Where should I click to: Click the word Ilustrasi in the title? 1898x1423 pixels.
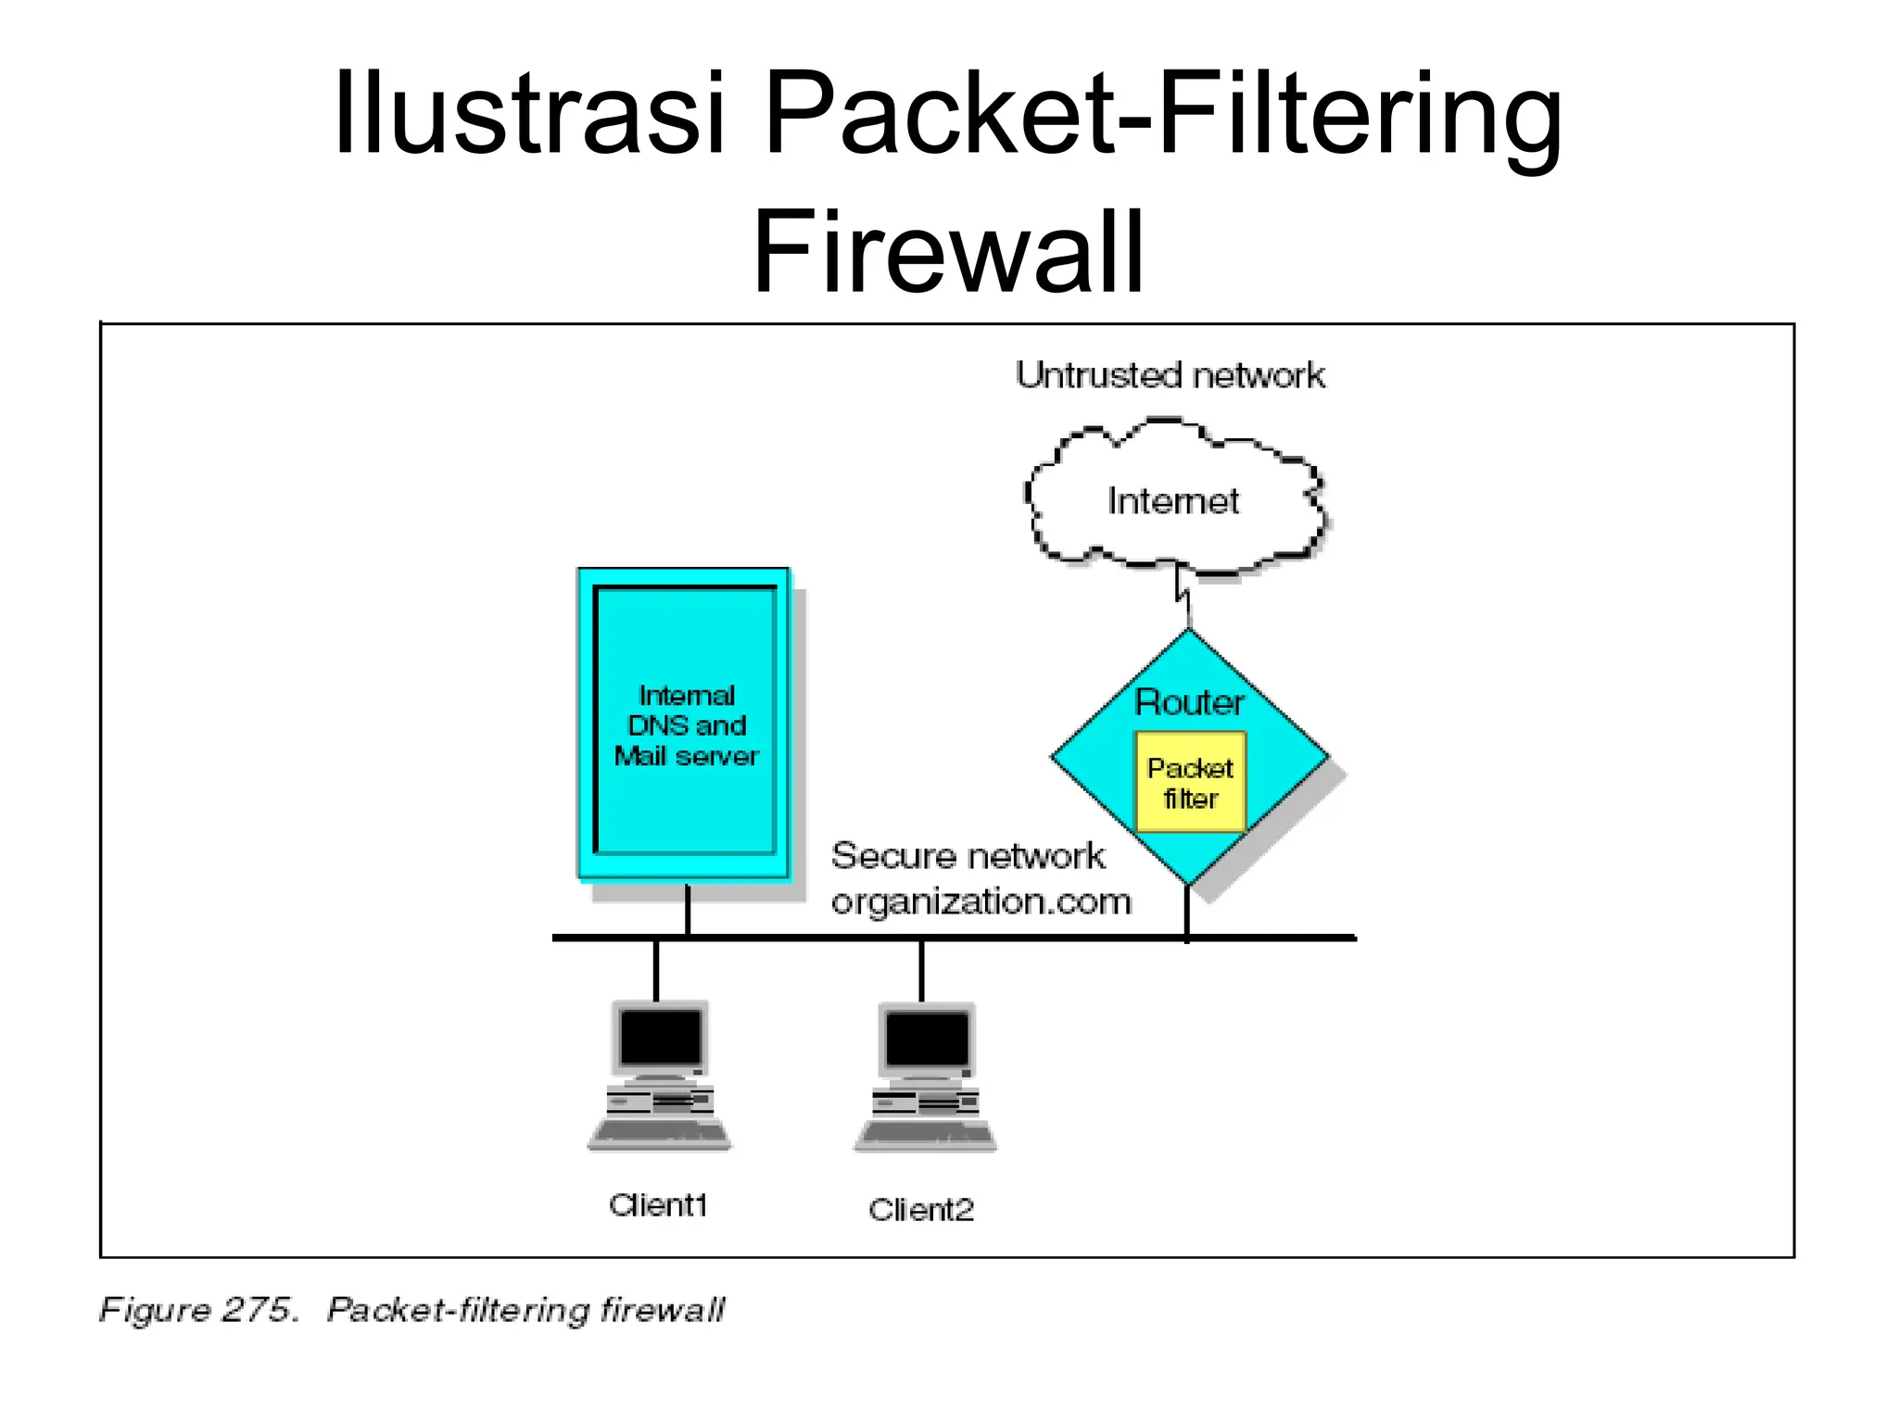(528, 114)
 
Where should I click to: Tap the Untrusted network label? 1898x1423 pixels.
(1170, 375)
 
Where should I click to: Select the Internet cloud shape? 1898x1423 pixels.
(1173, 500)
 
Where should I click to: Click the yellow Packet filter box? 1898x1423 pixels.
(1190, 783)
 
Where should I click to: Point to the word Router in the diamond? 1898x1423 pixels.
(1189, 702)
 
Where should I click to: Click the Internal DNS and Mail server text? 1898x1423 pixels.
(686, 725)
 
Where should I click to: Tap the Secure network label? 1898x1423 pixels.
(968, 855)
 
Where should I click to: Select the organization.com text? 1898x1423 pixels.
(981, 901)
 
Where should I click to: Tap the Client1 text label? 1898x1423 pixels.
(658, 1205)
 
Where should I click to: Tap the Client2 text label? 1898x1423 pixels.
(921, 1209)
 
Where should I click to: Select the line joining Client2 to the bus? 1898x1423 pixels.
(921, 970)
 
